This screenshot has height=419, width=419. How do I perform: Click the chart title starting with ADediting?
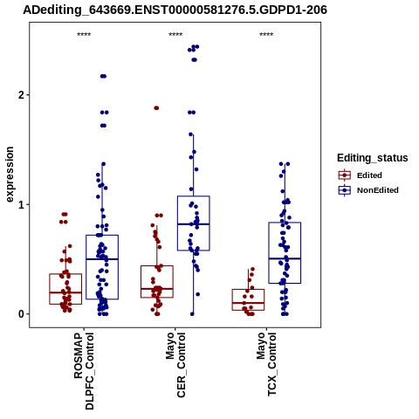[175, 10]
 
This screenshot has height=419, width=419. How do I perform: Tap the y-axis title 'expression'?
[10, 175]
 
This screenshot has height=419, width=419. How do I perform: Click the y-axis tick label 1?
[21, 204]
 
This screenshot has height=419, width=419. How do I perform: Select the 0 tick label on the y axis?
[21, 314]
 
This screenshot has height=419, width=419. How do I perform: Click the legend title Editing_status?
[373, 158]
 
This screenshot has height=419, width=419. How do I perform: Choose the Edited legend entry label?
[369, 175]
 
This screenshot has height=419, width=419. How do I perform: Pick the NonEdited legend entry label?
[378, 190]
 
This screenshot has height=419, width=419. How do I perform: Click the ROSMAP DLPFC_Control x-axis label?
[84, 371]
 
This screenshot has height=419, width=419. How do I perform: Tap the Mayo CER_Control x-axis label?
[175, 366]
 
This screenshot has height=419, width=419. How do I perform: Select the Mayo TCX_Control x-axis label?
[266, 365]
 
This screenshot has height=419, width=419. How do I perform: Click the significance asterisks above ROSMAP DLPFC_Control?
[84, 35]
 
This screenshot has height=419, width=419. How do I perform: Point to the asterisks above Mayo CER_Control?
[175, 35]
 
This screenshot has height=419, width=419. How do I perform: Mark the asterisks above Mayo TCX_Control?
[266, 35]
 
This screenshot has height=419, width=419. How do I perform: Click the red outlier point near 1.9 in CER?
[156, 108]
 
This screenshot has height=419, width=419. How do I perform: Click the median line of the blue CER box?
[194, 224]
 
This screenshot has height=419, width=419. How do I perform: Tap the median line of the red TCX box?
[248, 303]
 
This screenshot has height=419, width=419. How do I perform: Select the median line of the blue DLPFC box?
[102, 259]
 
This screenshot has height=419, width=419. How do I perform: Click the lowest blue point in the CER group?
[192, 314]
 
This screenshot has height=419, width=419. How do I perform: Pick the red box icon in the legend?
[345, 175]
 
